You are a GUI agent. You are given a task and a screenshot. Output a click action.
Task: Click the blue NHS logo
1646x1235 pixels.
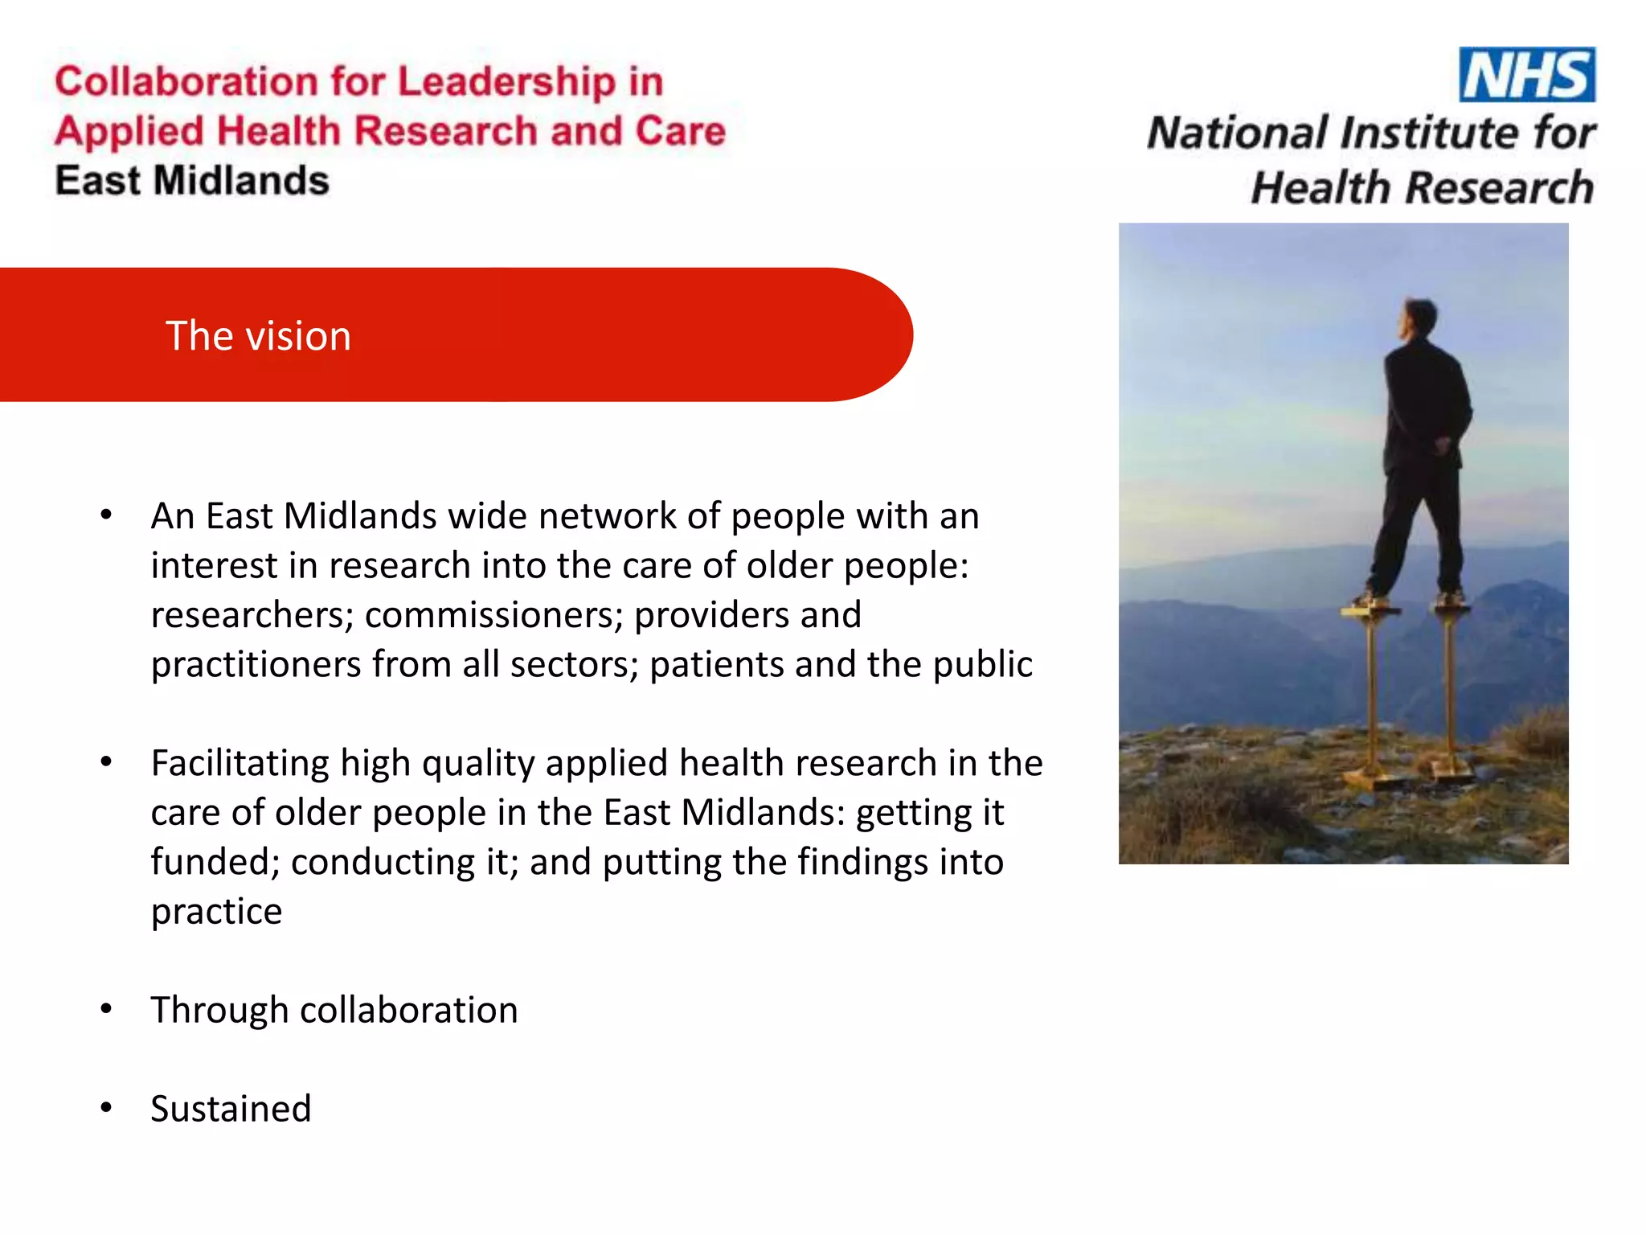pyautogui.click(x=1526, y=75)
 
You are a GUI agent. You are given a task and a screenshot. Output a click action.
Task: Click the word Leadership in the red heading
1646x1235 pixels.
pyautogui.click(x=506, y=82)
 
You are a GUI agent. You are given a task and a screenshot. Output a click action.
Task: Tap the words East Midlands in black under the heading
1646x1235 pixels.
pyautogui.click(x=192, y=181)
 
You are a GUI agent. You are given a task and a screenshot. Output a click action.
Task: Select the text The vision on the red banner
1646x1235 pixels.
pyautogui.click(x=258, y=336)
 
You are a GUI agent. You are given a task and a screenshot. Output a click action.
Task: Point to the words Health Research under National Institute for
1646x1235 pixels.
pyautogui.click(x=1422, y=188)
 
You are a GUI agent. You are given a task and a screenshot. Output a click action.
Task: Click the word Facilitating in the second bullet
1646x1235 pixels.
pyautogui.click(x=240, y=763)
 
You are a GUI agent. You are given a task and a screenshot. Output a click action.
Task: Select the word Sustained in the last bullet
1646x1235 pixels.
pyautogui.click(x=231, y=1109)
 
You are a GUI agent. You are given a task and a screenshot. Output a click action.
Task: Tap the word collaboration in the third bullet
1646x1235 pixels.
pyautogui.click(x=408, y=1010)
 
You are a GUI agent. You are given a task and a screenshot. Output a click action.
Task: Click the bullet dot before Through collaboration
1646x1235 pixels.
pyautogui.click(x=106, y=1009)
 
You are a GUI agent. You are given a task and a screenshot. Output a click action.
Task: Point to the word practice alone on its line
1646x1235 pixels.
pyautogui.click(x=216, y=912)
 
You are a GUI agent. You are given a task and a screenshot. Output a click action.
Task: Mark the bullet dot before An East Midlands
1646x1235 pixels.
pyautogui.click(x=106, y=515)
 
